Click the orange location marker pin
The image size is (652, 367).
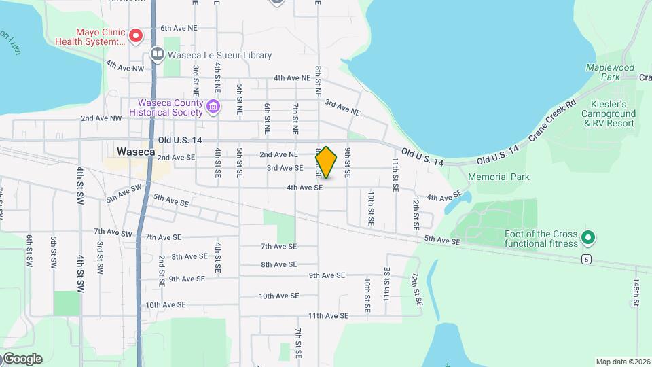click(x=327, y=162)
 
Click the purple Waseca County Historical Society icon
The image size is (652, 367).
click(x=213, y=106)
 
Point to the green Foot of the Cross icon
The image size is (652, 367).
click(x=589, y=238)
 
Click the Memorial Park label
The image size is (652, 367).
click(x=498, y=177)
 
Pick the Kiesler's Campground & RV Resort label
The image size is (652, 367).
click(x=608, y=113)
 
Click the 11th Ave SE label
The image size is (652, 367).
click(x=327, y=316)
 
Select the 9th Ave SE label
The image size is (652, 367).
click(x=327, y=275)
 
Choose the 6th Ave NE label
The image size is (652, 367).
click(x=179, y=29)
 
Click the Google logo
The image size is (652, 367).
click(x=22, y=359)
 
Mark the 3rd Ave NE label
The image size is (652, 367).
click(x=342, y=106)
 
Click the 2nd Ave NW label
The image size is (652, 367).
click(x=101, y=118)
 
